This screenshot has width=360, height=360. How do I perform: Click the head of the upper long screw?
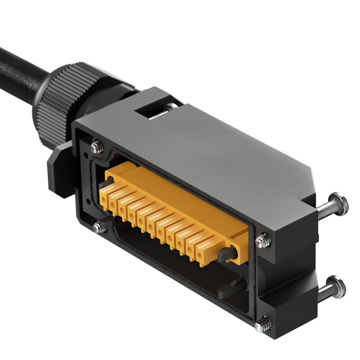click(x=338, y=204)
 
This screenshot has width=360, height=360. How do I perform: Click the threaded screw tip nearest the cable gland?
click(x=97, y=147)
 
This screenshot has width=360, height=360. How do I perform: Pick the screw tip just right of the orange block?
click(x=263, y=241)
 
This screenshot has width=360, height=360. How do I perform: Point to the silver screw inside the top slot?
click(x=171, y=107)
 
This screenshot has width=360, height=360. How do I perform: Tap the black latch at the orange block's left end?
click(x=104, y=184)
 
